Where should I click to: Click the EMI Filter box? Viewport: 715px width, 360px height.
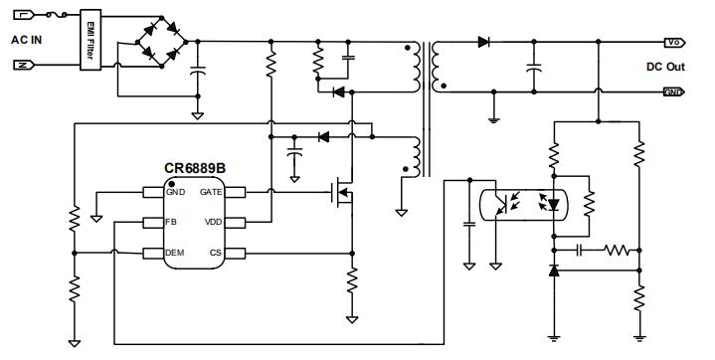(89, 40)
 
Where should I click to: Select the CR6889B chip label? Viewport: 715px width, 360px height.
(194, 168)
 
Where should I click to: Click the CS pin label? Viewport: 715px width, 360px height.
(216, 254)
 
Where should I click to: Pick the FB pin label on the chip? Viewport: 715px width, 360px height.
(170, 222)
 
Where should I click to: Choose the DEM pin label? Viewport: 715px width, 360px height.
(174, 254)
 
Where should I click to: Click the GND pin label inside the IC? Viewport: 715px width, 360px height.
(175, 191)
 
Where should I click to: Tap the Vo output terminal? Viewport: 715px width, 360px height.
(673, 43)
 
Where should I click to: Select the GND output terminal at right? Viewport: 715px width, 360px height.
(673, 91)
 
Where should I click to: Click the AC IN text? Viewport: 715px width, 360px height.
(27, 40)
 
